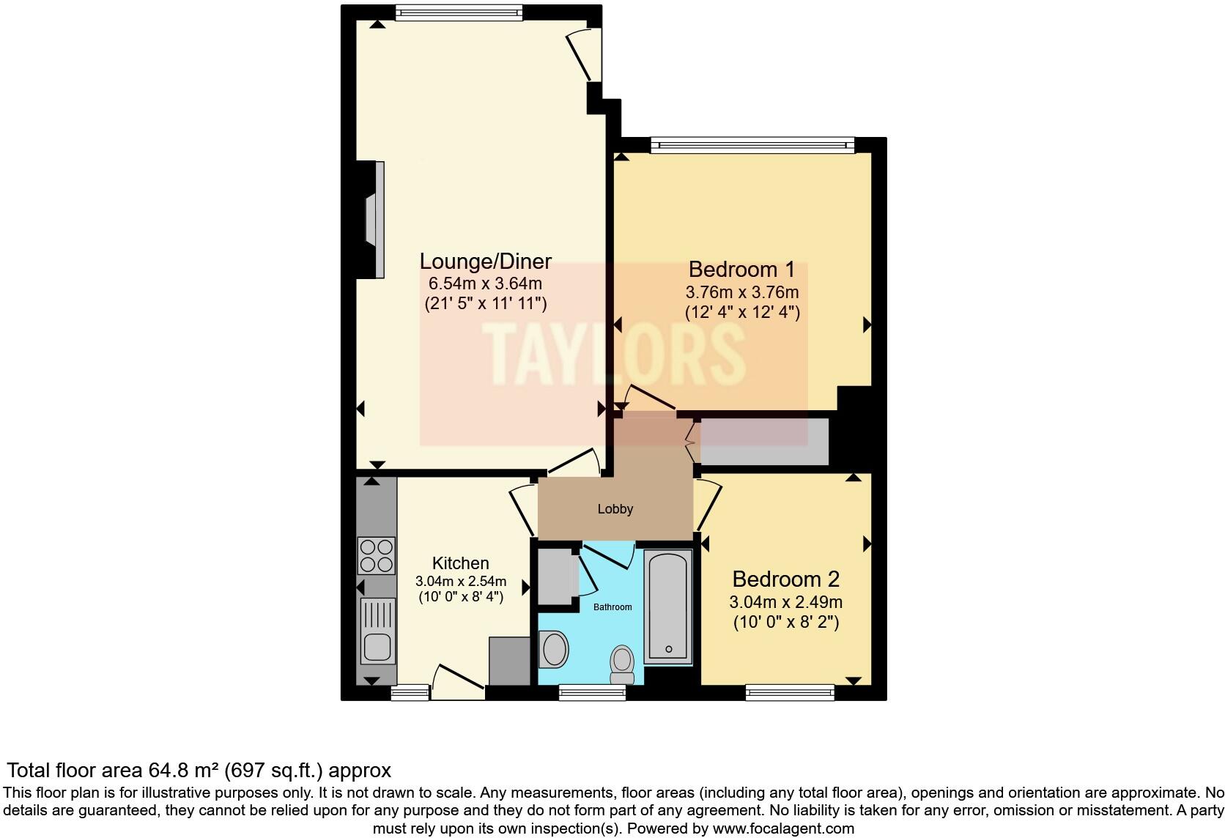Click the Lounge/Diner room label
[x=485, y=262]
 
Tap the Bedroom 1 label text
[x=741, y=269]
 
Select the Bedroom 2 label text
[x=785, y=579]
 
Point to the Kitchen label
[x=460, y=563]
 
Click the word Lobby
[x=615, y=509]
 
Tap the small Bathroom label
[x=612, y=607]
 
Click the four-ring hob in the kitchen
[x=376, y=555]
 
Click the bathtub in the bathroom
[x=667, y=607]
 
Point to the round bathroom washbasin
[x=553, y=650]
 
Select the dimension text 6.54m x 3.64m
[x=485, y=283]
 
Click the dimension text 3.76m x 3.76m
[x=741, y=292]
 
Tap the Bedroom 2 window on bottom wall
[x=789, y=691]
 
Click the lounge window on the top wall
[x=459, y=12]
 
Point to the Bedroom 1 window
[x=752, y=145]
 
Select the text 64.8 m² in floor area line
[x=183, y=771]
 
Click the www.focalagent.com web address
[x=782, y=829]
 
